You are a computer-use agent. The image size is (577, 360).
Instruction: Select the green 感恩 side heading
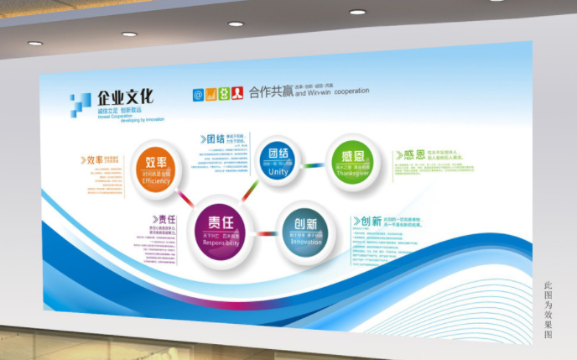pyautogui.click(x=408, y=155)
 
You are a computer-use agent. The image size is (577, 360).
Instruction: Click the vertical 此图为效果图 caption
pyautogui.click(x=548, y=310)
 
